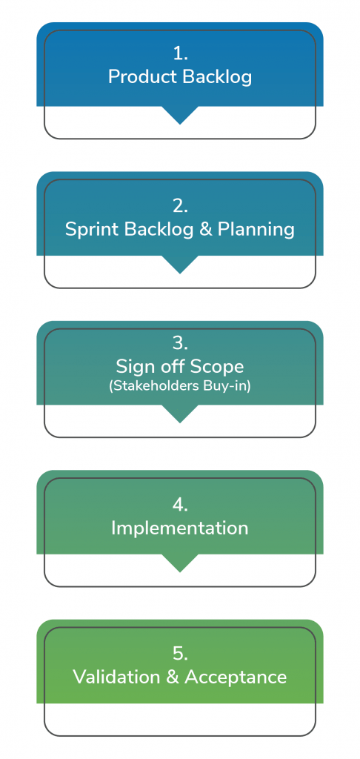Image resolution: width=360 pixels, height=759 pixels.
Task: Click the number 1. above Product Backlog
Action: point(180,54)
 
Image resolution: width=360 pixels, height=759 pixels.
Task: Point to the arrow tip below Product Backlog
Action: point(180,124)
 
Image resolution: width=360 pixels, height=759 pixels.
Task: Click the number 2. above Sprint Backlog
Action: point(180,206)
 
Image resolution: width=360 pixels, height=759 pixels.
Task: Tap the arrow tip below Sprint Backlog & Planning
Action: point(180,274)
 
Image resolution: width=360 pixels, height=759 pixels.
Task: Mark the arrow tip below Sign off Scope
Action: point(180,422)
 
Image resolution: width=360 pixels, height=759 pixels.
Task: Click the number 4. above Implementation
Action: point(180,505)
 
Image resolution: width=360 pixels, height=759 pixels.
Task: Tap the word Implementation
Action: point(180,528)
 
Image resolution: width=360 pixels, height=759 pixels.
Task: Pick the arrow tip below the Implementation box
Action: point(180,572)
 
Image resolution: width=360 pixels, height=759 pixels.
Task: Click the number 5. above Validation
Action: point(180,654)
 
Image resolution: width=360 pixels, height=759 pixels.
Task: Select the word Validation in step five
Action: point(116,677)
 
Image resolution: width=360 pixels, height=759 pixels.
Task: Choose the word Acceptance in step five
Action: point(236,677)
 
